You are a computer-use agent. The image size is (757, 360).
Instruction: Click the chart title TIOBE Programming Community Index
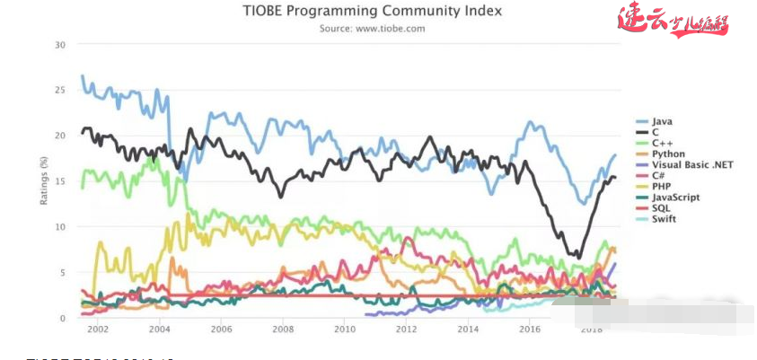pos(372,11)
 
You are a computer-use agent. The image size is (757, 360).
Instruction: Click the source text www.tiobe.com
pos(372,28)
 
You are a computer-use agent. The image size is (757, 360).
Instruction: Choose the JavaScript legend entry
pos(674,197)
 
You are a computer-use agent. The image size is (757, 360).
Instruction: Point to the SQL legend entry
pos(660,208)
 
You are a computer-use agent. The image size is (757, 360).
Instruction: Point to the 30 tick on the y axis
pos(60,44)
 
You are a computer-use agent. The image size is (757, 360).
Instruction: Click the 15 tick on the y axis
pos(60,181)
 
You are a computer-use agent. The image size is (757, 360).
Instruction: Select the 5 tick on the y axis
pos(63,272)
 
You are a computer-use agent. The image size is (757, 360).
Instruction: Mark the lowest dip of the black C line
pos(577,257)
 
